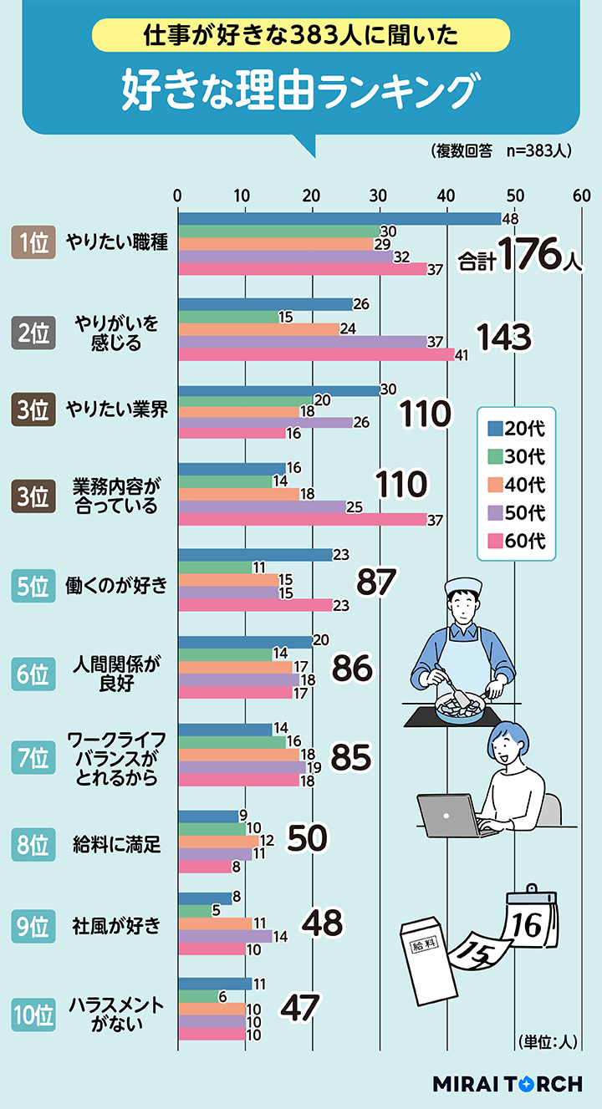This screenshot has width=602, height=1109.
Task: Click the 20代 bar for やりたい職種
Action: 339,219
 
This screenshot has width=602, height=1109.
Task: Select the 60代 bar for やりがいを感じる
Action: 316,354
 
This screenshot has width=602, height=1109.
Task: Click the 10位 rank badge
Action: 33,1015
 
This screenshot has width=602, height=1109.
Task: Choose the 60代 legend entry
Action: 516,541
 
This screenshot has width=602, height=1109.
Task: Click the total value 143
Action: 503,337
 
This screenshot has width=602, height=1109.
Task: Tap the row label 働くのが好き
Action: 116,585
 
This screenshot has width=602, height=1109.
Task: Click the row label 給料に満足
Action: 116,843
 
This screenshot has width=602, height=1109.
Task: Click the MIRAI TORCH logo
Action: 507,1084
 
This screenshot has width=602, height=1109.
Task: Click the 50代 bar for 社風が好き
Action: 225,936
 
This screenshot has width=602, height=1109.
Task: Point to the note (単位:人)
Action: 548,1041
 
